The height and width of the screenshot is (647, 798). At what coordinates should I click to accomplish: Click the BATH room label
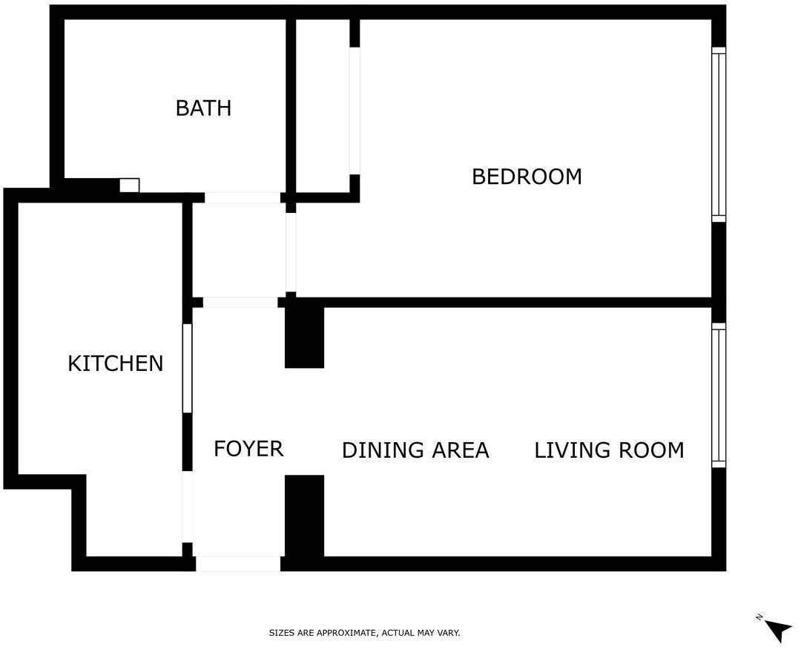tap(203, 108)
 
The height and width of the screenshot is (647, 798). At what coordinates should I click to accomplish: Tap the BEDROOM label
tap(527, 177)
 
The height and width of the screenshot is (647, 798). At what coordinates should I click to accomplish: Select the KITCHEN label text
tap(115, 364)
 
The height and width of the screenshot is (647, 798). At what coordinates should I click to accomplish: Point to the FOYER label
tap(248, 448)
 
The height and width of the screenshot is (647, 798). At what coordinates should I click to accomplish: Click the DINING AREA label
tap(415, 450)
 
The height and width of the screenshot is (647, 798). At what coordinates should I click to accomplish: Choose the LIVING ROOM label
tap(609, 450)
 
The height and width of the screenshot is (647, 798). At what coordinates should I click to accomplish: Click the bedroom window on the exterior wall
tap(718, 134)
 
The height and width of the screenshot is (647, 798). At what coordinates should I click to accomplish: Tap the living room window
tap(718, 395)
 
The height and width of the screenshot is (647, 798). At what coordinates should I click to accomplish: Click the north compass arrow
tap(778, 630)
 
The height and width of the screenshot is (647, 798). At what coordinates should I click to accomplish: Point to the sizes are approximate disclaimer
tap(364, 633)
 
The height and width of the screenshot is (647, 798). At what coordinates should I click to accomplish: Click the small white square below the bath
tap(129, 185)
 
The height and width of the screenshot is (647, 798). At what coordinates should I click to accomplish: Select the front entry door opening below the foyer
tap(238, 564)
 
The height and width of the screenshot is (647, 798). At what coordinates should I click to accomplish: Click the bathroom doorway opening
tap(243, 198)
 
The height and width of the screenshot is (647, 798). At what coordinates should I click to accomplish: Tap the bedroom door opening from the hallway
tap(291, 252)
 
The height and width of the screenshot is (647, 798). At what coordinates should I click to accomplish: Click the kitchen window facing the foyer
tap(188, 368)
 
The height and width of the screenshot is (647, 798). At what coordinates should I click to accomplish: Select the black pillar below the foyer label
tap(304, 516)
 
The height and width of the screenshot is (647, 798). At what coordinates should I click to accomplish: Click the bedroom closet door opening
tap(355, 111)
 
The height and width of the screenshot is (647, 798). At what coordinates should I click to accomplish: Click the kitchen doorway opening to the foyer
tap(188, 507)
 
